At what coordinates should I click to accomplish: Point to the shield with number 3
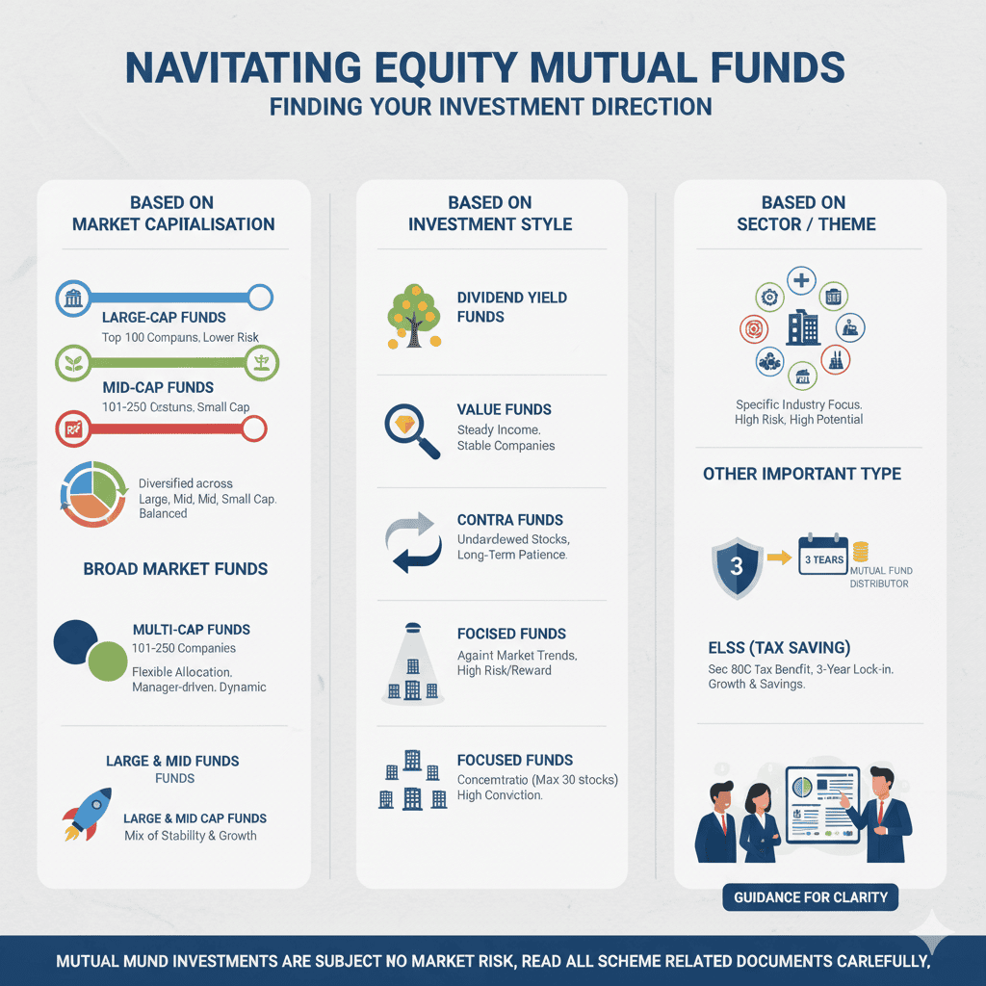737,565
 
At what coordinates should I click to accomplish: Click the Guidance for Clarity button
811,897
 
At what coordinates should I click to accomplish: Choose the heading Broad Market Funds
175,569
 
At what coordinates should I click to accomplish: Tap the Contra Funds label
510,520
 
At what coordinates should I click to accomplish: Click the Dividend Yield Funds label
512,307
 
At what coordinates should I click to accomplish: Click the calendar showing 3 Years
822,557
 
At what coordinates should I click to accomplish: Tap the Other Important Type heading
802,474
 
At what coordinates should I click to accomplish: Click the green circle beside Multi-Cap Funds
108,662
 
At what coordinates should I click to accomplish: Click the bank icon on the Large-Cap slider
73,298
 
